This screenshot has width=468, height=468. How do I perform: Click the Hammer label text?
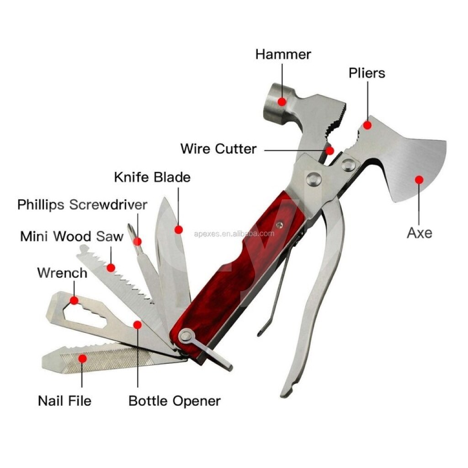[283, 54]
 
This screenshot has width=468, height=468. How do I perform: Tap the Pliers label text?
[367, 73]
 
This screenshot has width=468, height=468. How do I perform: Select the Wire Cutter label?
[218, 149]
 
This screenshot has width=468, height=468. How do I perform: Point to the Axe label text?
[420, 233]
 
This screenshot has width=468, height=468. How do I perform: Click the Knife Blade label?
[152, 177]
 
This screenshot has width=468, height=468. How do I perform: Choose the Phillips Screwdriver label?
[82, 205]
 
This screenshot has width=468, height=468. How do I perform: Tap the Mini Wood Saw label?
[72, 236]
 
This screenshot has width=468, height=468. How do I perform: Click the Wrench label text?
[62, 273]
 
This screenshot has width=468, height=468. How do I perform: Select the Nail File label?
[64, 400]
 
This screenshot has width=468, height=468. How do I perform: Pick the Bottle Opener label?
[175, 401]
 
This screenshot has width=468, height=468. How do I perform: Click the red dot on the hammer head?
[282, 102]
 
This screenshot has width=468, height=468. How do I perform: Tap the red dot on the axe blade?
[419, 180]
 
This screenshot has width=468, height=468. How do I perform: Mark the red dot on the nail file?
[82, 358]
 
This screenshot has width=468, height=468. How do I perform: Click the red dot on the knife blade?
[179, 229]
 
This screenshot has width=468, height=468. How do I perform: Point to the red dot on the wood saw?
[111, 268]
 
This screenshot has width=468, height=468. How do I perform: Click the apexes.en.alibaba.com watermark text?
[234, 234]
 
